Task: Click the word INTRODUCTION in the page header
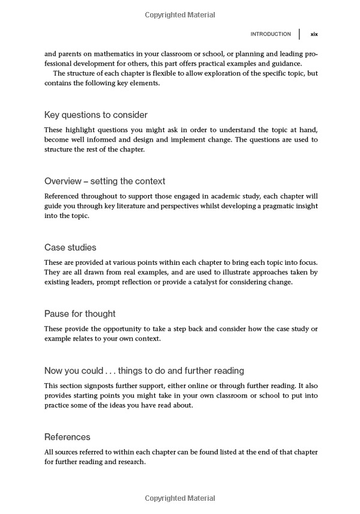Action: click(x=271, y=34)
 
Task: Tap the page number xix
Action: click(x=314, y=34)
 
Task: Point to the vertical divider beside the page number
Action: click(x=299, y=34)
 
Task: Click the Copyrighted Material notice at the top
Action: click(x=180, y=14)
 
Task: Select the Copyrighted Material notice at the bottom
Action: click(x=180, y=498)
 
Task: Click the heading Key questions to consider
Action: click(x=96, y=115)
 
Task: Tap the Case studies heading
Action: click(x=70, y=247)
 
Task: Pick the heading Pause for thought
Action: click(x=80, y=313)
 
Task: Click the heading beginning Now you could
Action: click(x=144, y=370)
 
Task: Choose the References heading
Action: click(x=67, y=437)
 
